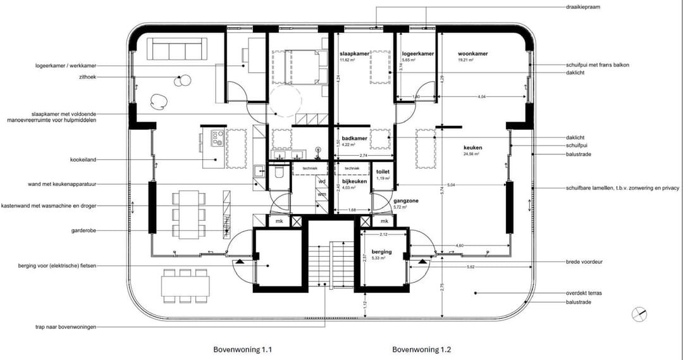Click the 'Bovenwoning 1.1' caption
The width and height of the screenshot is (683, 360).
243,349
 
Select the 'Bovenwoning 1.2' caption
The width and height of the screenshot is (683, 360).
422,349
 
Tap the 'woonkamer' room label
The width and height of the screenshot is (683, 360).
473,54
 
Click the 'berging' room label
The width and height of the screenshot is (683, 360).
381,251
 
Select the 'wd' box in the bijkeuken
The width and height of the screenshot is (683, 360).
322,182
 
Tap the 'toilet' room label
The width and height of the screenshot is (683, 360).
383,171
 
